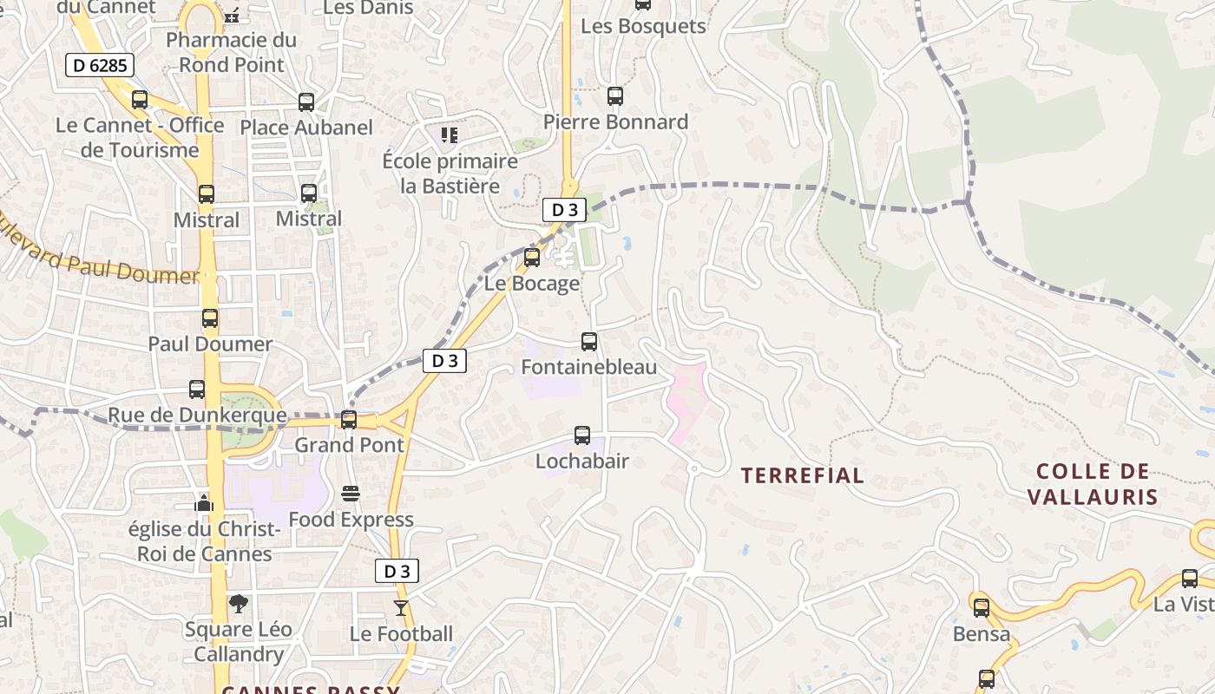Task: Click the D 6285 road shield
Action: (100, 64)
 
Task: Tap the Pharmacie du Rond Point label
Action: (231, 52)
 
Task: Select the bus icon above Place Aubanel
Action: (306, 102)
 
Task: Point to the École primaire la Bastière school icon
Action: (449, 134)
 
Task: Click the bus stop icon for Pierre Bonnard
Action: (615, 96)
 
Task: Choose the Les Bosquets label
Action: (643, 26)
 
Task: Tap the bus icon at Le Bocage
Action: (532, 258)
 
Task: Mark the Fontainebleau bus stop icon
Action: (589, 342)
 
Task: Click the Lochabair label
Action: (581, 461)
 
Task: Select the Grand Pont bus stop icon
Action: (349, 420)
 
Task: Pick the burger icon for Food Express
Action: (351, 494)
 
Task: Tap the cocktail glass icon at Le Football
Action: (400, 607)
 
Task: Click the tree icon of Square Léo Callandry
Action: (238, 604)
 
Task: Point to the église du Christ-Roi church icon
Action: (204, 503)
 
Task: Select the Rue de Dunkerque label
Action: (197, 416)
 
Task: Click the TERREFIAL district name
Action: (803, 475)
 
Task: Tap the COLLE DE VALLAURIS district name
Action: (1093, 484)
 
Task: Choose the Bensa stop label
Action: (982, 634)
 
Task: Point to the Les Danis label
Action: (368, 8)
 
